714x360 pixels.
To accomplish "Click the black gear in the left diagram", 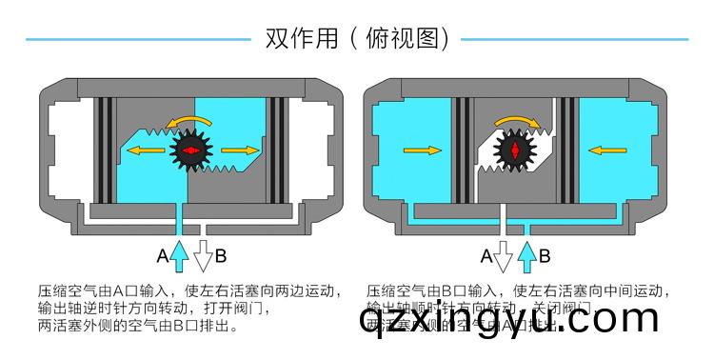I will pos(189,150).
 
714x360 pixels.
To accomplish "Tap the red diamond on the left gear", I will pos(189,150).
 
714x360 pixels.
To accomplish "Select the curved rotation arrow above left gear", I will pos(187,118).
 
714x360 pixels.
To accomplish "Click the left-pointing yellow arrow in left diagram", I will pos(145,150).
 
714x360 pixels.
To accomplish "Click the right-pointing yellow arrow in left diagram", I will pos(240,150).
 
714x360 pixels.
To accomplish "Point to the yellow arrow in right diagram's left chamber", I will pos(422,150).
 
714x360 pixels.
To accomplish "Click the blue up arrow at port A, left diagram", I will pos(179,253).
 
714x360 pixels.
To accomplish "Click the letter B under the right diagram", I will pos(545,255).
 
